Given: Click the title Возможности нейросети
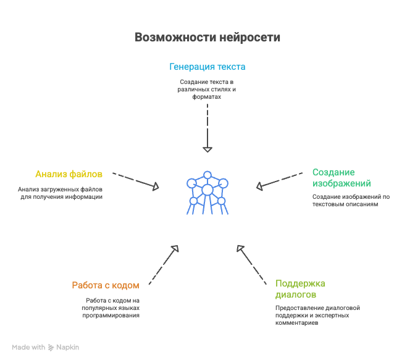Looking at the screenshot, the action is (207, 37).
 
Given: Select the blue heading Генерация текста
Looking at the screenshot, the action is (207, 67).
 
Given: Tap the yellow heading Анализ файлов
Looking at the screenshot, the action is (69, 174).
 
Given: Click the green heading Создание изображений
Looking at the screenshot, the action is (342, 178).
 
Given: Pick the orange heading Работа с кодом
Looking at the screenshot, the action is (106, 285).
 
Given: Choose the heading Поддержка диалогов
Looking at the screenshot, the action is (300, 289).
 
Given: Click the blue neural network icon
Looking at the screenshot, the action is (207, 193).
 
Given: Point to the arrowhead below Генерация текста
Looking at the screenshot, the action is (207, 149).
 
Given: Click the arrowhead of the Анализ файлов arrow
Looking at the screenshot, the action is (156, 186).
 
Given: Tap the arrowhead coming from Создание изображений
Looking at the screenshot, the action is (259, 186).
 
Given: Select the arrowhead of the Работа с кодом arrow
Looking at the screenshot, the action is (175, 249).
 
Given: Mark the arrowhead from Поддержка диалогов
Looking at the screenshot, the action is (240, 249).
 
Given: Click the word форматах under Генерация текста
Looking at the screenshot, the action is (207, 97).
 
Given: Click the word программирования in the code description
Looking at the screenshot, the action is (111, 316).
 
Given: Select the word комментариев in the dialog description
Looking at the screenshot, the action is (296, 323).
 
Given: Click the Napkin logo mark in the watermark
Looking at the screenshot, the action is (51, 348).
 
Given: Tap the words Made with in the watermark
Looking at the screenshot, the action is (28, 347).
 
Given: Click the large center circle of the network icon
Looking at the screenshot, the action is (207, 190).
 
